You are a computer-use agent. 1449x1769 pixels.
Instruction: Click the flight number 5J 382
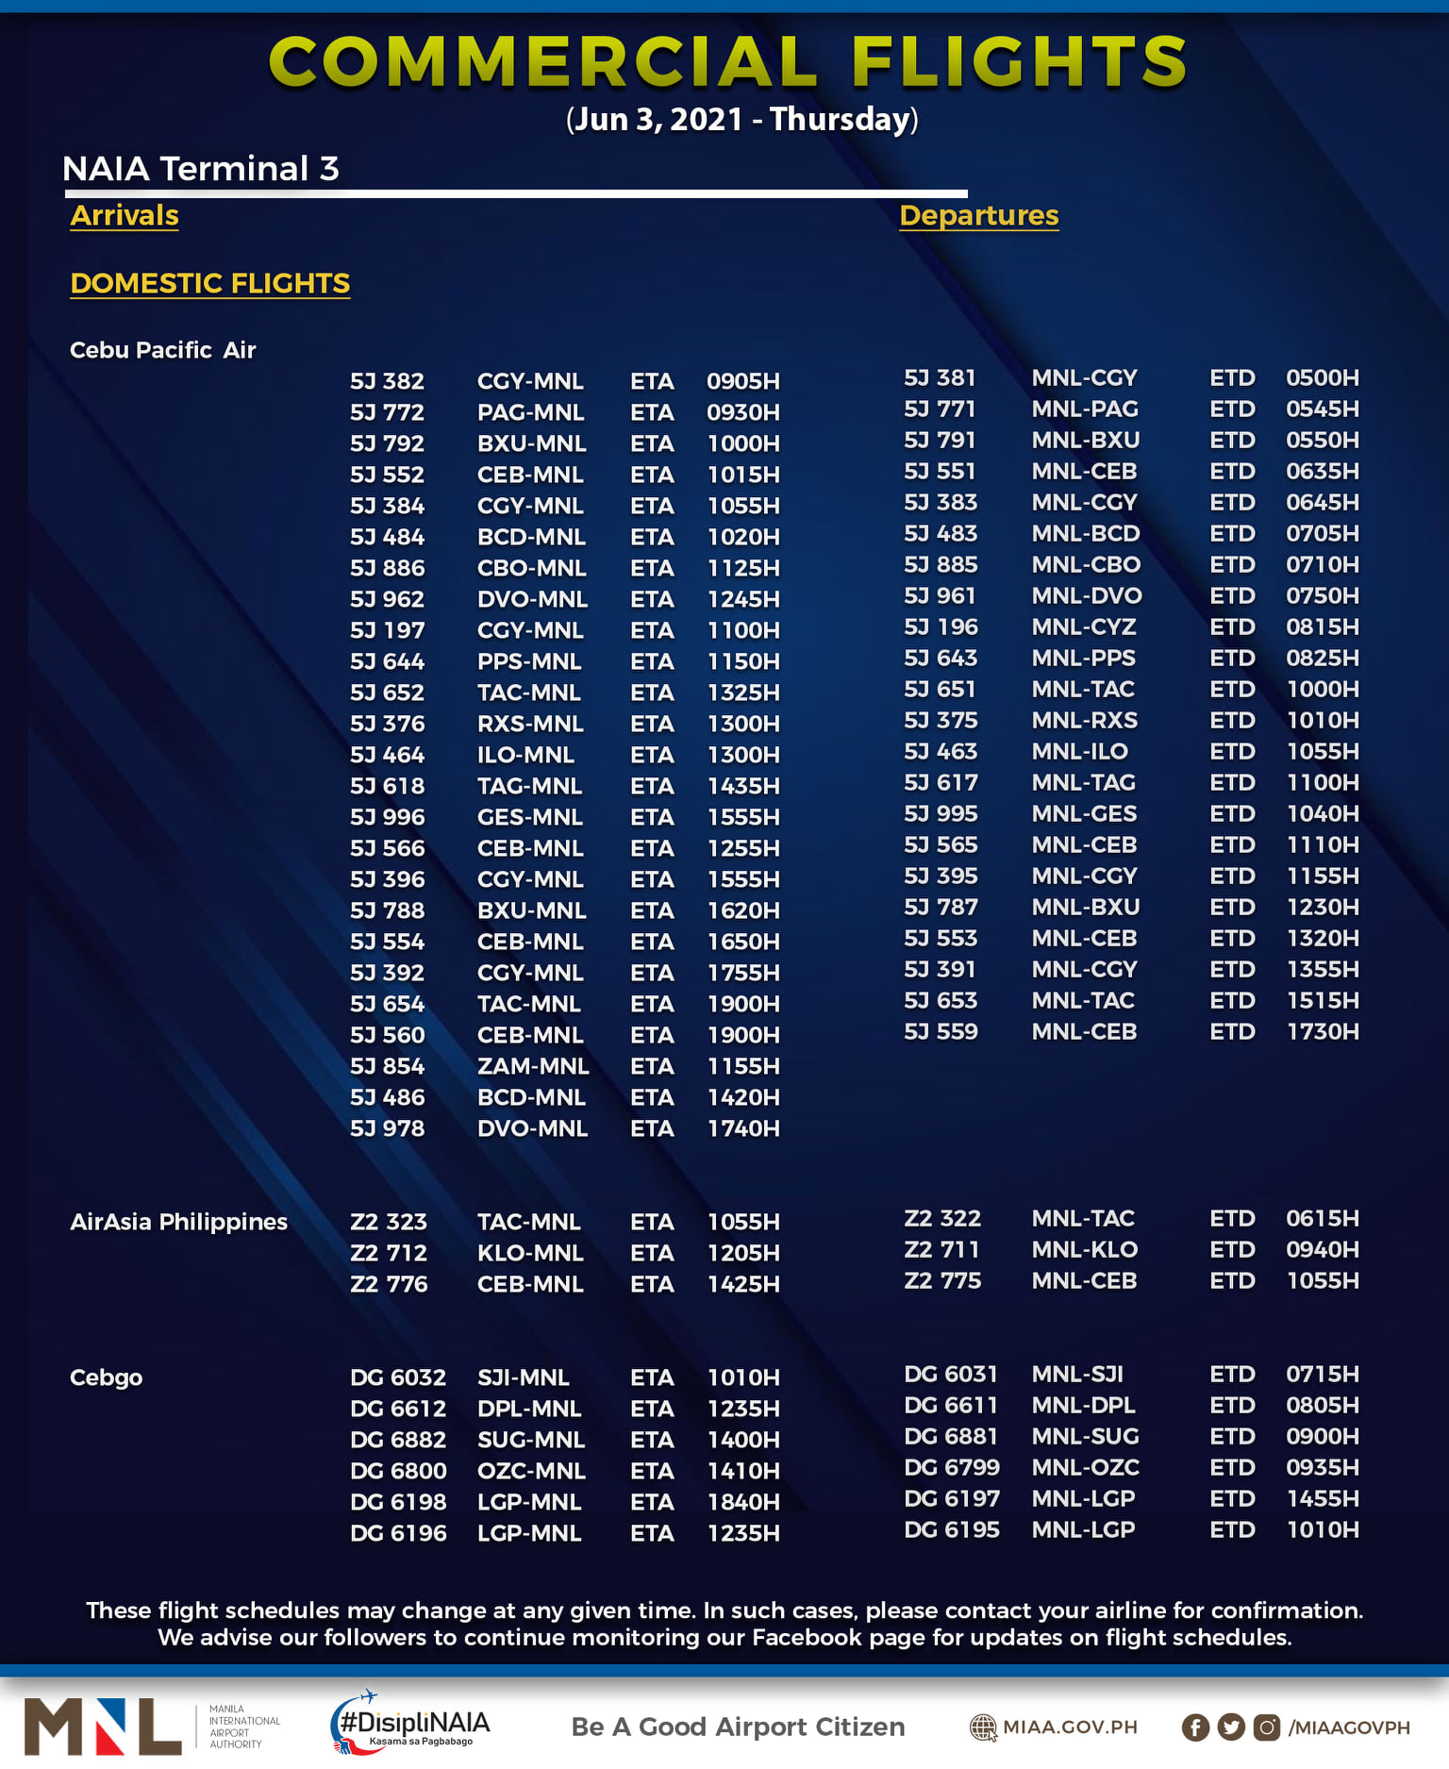387,381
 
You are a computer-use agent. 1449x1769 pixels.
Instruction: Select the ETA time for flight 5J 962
743,599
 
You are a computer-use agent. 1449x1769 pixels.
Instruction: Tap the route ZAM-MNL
533,1066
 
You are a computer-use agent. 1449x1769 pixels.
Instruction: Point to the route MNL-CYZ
1083,626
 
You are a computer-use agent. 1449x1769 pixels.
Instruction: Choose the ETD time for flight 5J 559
1322,1031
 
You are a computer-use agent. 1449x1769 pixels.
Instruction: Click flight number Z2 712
388,1253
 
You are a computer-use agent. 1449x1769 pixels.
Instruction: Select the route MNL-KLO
1084,1249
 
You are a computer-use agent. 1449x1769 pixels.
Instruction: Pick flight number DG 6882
397,1440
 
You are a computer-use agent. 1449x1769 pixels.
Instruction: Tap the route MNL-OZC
1085,1467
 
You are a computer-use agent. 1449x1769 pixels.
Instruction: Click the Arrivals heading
125,215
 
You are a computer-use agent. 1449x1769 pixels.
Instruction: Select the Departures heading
978,215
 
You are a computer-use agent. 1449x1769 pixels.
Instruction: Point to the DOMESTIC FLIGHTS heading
209,283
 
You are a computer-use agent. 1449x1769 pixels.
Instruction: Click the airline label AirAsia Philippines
178,1222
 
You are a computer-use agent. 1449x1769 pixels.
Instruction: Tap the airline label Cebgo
106,1377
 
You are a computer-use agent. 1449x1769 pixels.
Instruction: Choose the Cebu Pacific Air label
162,350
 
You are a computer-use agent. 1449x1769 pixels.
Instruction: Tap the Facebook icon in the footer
1194,1727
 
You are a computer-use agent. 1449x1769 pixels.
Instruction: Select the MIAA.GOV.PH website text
1069,1727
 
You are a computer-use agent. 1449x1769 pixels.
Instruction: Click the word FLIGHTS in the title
1019,61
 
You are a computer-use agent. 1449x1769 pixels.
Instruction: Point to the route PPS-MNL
528,661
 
